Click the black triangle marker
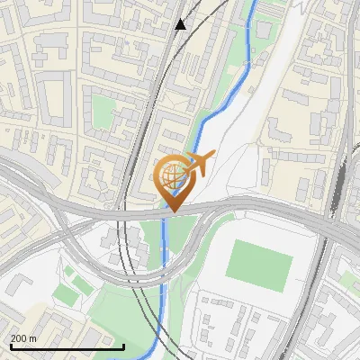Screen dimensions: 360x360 (x=181, y=24)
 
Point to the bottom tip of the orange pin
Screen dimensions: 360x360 (x=172, y=212)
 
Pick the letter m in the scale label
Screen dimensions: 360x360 (x=33, y=338)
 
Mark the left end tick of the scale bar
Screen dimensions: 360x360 (x=10, y=346)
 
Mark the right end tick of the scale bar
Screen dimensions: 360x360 (x=123, y=346)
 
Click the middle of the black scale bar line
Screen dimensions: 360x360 (x=67, y=346)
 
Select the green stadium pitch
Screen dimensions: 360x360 (x=259, y=261)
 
